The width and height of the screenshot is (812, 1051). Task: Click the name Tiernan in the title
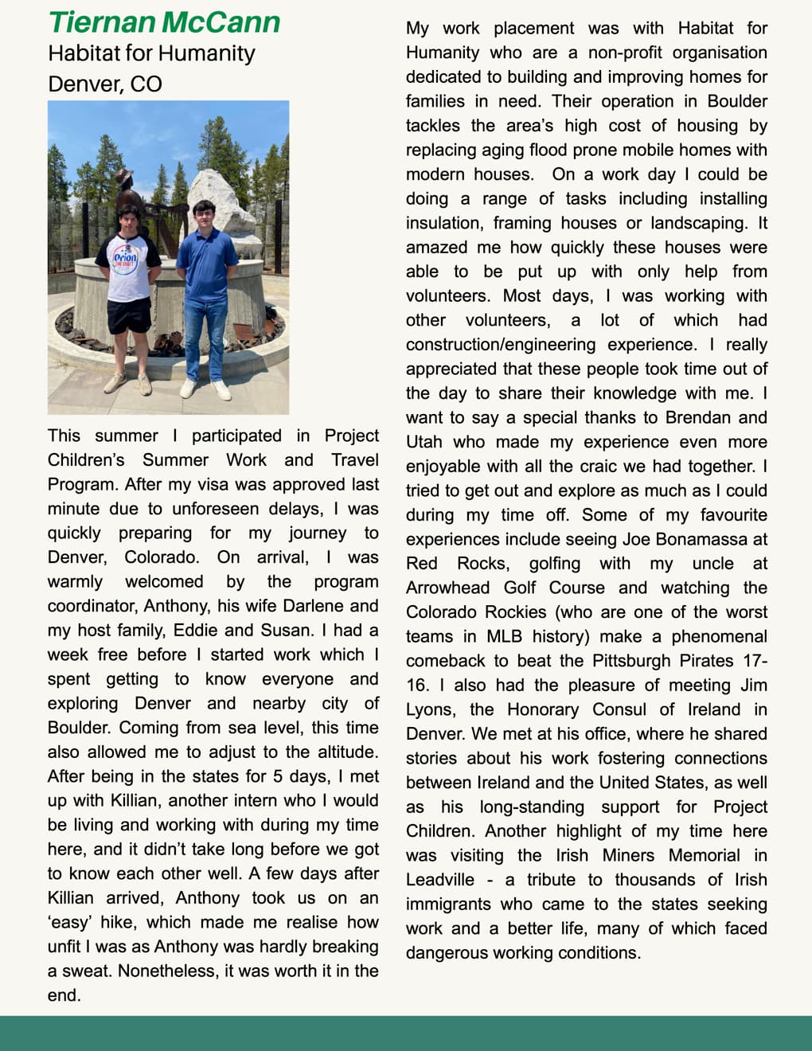[101, 22]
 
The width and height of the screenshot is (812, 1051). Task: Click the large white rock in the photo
[224, 203]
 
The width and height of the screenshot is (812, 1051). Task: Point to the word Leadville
[439, 880]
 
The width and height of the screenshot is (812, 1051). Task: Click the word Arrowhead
[447, 588]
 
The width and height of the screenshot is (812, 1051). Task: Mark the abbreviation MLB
[504, 636]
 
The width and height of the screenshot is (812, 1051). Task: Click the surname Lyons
[429, 709]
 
